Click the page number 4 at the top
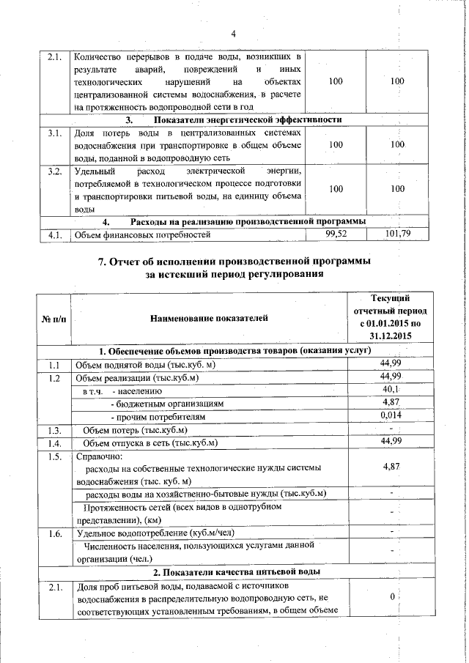click(x=234, y=34)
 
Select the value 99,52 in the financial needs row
click(x=336, y=234)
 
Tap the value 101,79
click(x=396, y=234)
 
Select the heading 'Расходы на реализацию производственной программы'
click(x=248, y=222)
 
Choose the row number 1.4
click(x=53, y=442)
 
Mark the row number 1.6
click(x=53, y=532)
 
